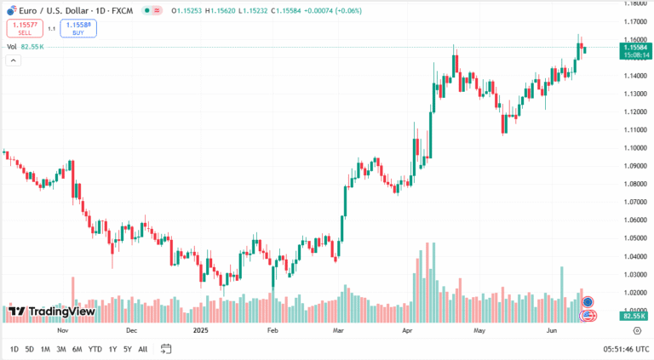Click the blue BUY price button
tap(78, 28)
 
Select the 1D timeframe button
tap(14, 349)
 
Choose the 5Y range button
tap(127, 349)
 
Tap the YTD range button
tap(95, 349)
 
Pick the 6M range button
tap(77, 349)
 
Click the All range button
tap(142, 349)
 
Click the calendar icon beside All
tap(166, 349)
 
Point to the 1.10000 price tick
tap(634, 148)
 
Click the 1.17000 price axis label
tap(634, 21)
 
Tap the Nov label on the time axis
tap(61, 329)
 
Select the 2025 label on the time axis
tap(201, 329)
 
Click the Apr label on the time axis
tap(407, 329)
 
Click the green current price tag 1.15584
tap(634, 51)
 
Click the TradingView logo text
tap(61, 311)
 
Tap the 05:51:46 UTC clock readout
tap(626, 349)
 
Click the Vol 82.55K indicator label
tap(26, 47)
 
